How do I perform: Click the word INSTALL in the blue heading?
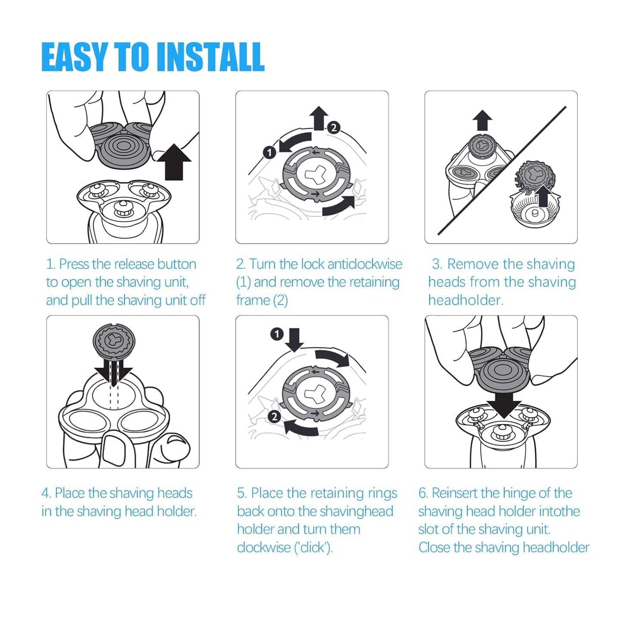(210, 57)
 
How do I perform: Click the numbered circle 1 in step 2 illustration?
(269, 152)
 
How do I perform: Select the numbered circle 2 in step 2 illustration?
(334, 127)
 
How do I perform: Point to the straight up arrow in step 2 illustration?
(319, 118)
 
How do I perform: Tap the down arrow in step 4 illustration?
(114, 374)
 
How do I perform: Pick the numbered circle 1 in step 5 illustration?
(277, 334)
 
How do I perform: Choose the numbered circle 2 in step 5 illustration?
(274, 417)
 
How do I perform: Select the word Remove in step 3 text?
(471, 264)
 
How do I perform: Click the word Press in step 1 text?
(74, 264)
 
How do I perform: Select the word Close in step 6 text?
(434, 548)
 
